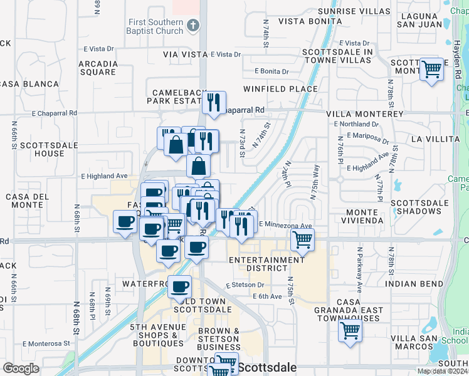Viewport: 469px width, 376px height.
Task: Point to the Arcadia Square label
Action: pos(97,68)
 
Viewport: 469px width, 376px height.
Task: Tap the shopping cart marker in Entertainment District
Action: pos(302,239)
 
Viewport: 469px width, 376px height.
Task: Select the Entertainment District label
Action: pos(266,264)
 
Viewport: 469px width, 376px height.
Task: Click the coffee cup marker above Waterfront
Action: pos(180,286)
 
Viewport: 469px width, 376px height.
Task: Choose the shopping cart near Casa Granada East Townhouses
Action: pos(350,330)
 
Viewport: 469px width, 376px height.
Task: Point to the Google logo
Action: pos(21,368)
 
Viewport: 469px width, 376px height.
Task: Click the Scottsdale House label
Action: pos(42,149)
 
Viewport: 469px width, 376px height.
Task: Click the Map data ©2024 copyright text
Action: pos(442,371)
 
